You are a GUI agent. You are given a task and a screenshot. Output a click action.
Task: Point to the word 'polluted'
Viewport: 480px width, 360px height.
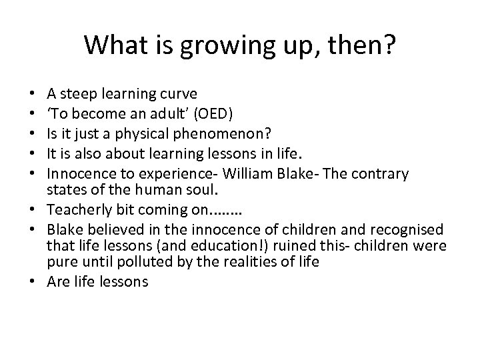(x=175, y=261)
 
